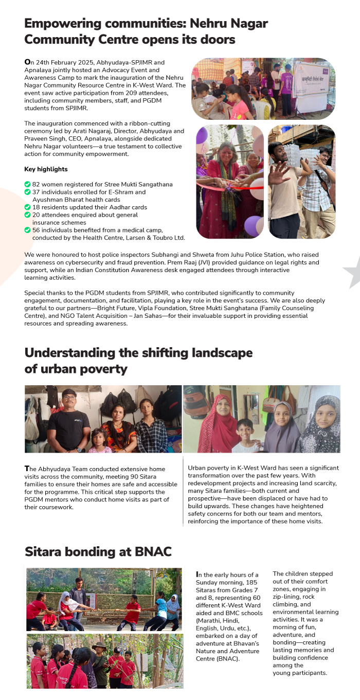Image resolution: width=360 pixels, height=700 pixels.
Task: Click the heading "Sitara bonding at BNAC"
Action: tap(98, 551)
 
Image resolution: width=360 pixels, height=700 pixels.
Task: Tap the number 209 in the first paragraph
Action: tap(133, 93)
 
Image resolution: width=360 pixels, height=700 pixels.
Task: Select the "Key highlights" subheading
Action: tap(46, 169)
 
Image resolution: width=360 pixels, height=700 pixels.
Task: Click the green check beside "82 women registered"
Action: tap(27, 184)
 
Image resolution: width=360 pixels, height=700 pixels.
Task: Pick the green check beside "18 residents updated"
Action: tap(27, 207)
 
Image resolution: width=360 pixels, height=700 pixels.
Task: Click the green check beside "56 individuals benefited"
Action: tap(27, 230)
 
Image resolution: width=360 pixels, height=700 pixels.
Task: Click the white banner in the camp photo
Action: tap(314, 87)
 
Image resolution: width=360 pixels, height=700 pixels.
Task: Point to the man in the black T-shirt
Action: tap(69, 419)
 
